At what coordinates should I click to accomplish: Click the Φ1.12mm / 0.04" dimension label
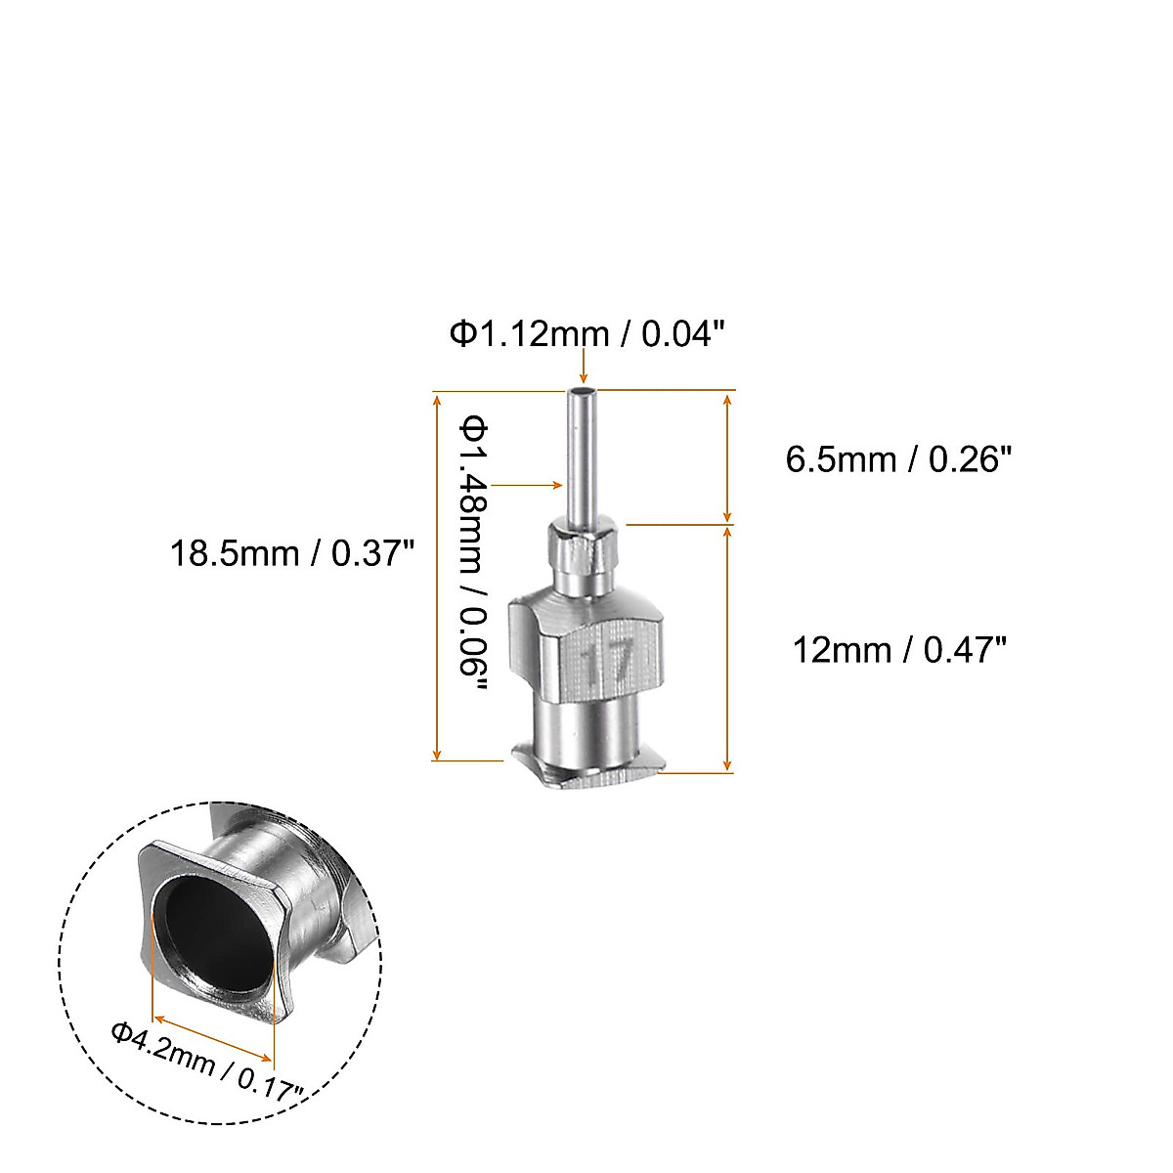[x=586, y=335]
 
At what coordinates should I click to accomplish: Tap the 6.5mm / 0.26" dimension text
[x=897, y=458]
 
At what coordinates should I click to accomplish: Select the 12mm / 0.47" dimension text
[x=898, y=649]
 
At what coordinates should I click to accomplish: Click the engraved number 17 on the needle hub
[x=607, y=662]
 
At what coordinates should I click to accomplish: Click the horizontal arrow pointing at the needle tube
[x=528, y=484]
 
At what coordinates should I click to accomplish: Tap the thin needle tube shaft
[x=583, y=459]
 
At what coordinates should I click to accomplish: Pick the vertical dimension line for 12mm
[x=727, y=649]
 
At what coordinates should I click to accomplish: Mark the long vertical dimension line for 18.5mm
[x=437, y=577]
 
